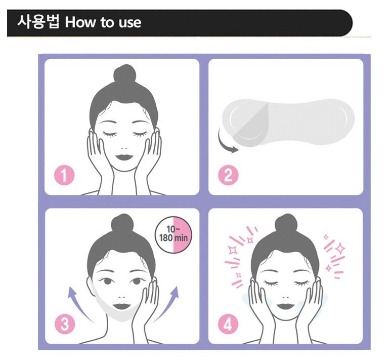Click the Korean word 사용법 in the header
pyautogui.click(x=38, y=22)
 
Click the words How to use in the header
pyautogui.click(x=103, y=22)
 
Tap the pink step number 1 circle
pyautogui.click(x=64, y=175)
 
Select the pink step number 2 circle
pyautogui.click(x=228, y=175)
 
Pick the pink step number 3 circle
pyautogui.click(x=65, y=324)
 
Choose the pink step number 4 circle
pyautogui.click(x=228, y=324)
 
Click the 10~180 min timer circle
pyautogui.click(x=174, y=234)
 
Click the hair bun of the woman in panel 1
pyautogui.click(x=125, y=74)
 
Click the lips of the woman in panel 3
pyautogui.click(x=122, y=306)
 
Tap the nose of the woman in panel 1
pyautogui.click(x=124, y=148)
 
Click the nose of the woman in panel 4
pyautogui.click(x=286, y=297)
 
